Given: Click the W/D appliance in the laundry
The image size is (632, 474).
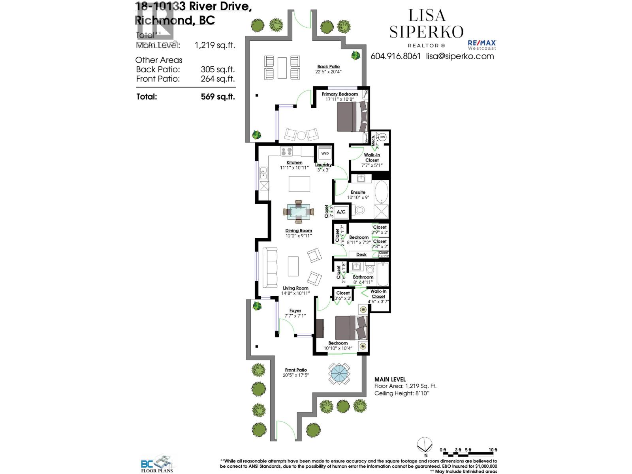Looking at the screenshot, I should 325,153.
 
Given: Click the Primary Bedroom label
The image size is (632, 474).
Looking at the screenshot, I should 340,94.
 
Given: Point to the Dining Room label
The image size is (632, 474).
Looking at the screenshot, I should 299,231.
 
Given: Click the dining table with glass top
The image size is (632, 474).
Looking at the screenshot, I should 299,212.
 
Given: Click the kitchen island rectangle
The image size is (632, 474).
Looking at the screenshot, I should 299,184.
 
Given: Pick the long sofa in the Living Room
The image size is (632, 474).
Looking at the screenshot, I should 270,268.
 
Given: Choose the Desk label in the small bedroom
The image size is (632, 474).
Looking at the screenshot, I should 361,255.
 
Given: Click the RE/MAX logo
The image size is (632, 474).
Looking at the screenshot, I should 482,45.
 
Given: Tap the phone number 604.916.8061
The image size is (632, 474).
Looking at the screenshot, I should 395,56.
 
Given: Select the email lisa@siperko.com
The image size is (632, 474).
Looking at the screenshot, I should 460,56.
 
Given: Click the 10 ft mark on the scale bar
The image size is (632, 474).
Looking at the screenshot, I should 493,450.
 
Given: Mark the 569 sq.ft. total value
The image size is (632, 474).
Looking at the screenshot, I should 218,96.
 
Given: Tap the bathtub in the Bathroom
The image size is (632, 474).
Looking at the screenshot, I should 383,275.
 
